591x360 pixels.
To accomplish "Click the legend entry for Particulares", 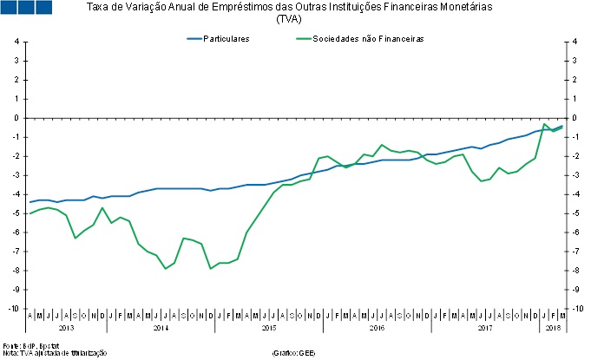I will [226, 38].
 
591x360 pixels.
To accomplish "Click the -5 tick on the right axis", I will [574, 213].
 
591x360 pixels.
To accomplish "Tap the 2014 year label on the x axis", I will [160, 329].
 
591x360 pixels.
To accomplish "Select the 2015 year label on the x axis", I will [267, 329].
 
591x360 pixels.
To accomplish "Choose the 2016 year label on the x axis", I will [376, 329].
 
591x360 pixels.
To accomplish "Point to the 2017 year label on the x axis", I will [484, 329].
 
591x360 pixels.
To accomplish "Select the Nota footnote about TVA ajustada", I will [54, 353].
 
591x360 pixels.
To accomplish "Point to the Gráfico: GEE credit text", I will [293, 353].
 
